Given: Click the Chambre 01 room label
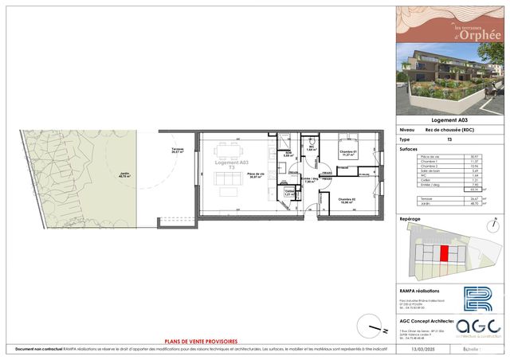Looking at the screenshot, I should [326, 154].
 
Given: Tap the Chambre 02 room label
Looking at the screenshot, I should [346, 201].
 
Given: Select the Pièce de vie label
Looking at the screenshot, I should [256, 176].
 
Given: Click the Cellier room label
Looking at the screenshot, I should [289, 192].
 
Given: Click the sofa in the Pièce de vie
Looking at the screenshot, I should [229, 186].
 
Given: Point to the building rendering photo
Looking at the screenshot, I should [451, 83].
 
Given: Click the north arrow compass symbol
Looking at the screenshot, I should [369, 325].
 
